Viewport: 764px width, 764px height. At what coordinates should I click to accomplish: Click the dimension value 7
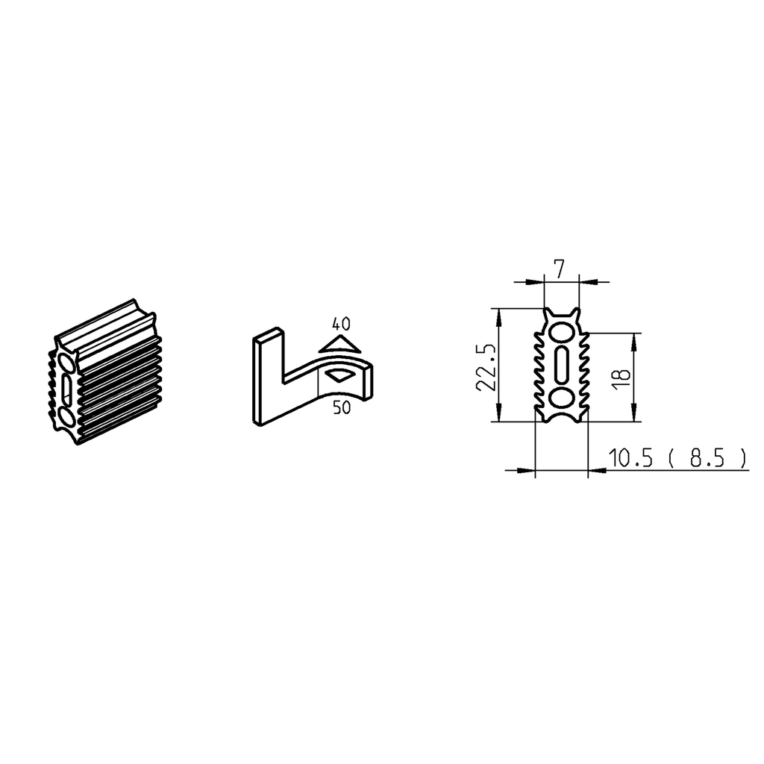click(560, 266)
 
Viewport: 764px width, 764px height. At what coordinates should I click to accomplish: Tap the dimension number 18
click(621, 376)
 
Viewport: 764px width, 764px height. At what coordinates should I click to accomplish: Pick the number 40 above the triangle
click(341, 324)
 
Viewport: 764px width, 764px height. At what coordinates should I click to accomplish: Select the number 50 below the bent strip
click(343, 408)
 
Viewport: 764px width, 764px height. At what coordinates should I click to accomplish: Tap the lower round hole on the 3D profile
click(66, 416)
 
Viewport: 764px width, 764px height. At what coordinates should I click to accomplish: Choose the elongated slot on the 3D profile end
click(66, 389)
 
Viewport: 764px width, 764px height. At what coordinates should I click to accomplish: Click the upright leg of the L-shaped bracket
click(268, 377)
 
